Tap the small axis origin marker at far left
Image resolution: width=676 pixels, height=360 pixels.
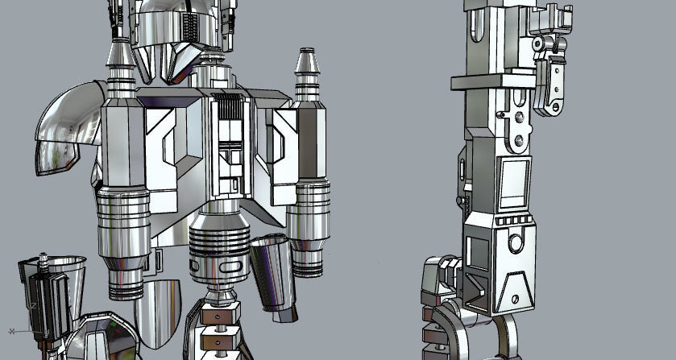(12, 331)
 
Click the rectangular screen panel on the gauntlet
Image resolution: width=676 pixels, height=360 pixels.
(513, 183)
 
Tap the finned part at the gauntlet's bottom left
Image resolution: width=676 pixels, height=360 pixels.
(439, 278)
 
